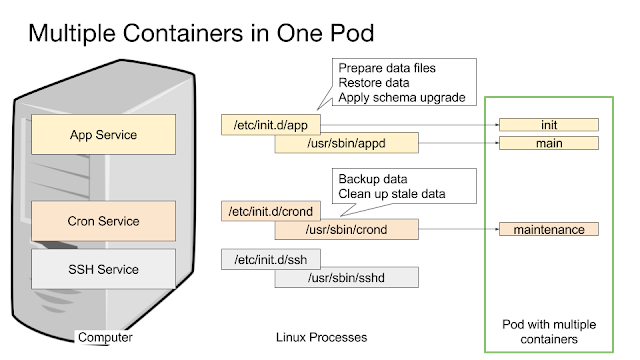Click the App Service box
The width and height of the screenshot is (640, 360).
pos(104,134)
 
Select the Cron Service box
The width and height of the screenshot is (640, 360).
pos(104,221)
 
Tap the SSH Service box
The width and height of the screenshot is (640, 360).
pos(104,269)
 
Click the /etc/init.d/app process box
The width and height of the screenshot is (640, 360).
pos(271,125)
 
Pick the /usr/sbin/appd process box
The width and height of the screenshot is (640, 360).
pos(347,143)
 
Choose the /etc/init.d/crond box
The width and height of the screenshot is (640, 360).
pos(271,211)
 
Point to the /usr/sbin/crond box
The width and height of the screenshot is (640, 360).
pos(347,229)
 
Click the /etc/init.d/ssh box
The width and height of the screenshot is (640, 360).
pos(271,259)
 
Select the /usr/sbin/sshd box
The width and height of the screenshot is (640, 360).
pos(347,278)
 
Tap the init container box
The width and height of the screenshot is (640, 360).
pos(549,125)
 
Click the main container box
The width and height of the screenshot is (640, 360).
pos(549,143)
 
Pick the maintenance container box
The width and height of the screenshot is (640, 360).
pos(549,229)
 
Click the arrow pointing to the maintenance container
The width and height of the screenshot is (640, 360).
pos(459,229)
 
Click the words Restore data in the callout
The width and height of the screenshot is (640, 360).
pos(373,83)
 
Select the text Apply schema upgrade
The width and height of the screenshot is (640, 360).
pos(402,98)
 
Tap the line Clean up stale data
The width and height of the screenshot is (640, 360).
pos(392,194)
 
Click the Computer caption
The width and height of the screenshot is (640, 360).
pos(105,337)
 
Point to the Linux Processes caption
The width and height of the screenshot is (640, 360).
pos(321,337)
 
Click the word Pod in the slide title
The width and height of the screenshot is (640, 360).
pos(352,33)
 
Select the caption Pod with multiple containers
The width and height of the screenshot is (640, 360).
pos(549,332)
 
